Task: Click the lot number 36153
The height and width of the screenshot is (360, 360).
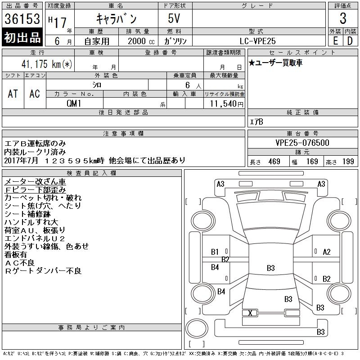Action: pos(22,19)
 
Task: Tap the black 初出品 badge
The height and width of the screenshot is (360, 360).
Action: pos(22,37)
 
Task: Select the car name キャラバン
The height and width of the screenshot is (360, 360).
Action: pos(116,18)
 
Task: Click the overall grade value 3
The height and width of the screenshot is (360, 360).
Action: pos(343,18)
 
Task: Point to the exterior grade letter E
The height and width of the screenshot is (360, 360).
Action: pos(335,41)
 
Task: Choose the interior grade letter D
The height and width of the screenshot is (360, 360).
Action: pos(350,41)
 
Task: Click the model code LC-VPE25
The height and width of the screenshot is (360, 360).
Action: pos(257,41)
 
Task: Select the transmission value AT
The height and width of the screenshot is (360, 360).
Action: pos(13,94)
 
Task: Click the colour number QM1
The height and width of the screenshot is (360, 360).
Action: pos(74,103)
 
